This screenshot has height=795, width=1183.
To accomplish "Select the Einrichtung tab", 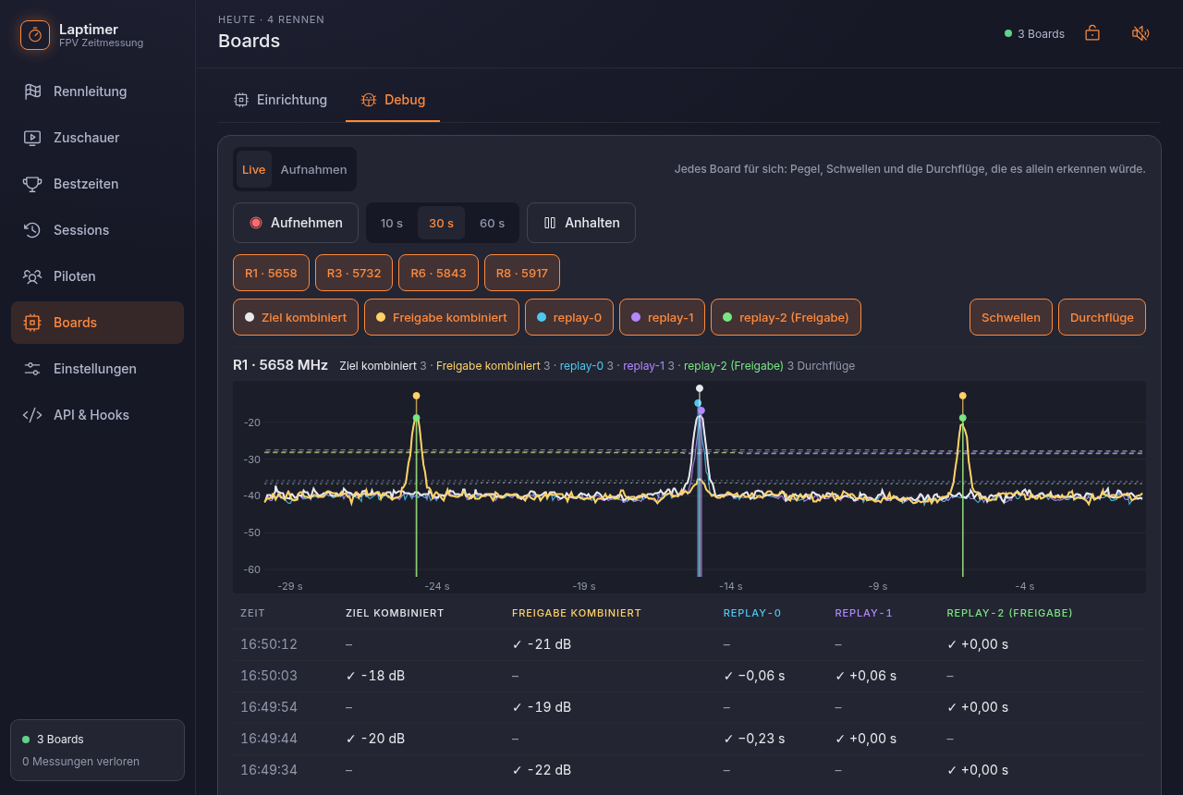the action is [x=280, y=100].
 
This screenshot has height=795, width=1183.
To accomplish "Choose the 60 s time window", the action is [x=492, y=223].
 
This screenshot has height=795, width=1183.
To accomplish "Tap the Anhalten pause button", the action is [x=581, y=223].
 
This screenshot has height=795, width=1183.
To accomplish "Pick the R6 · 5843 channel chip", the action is [x=438, y=273].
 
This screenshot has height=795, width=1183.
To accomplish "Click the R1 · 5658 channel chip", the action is [x=271, y=273].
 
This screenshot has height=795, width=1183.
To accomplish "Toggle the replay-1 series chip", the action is [x=662, y=317].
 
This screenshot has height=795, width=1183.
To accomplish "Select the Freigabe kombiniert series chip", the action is [x=442, y=317].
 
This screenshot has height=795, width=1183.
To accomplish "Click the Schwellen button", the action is [x=1011, y=317].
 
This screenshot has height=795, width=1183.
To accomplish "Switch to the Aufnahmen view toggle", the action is [x=313, y=169].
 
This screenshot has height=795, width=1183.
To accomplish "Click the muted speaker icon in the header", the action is [x=1140, y=34].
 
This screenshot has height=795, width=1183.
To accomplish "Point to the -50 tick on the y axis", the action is [x=252, y=532].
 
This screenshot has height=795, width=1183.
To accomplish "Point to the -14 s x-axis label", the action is [x=731, y=586].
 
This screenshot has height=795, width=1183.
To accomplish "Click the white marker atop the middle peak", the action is [x=700, y=388].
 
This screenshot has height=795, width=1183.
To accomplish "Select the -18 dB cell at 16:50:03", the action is [x=375, y=676].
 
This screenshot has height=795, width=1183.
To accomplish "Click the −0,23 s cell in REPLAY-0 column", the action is [x=754, y=739].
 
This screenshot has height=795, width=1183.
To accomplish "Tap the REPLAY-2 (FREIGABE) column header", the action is [x=1009, y=613].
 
